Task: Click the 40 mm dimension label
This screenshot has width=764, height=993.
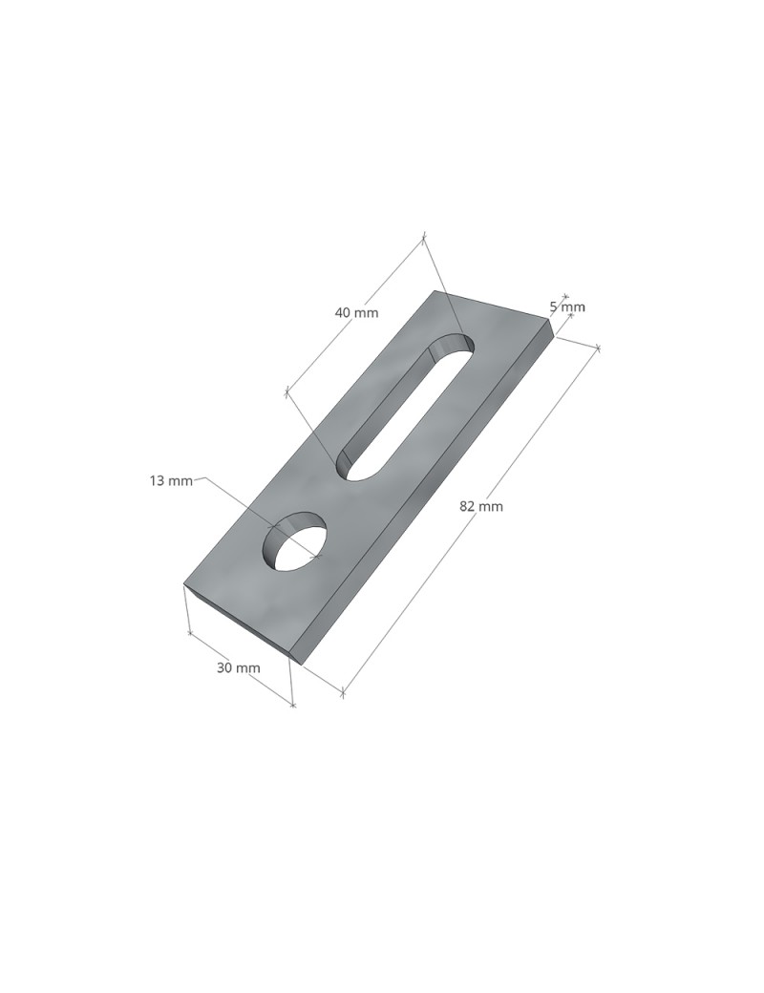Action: [x=356, y=312]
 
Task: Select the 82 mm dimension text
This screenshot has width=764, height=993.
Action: [x=480, y=506]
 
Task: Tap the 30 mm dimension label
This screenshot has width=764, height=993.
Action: [x=238, y=667]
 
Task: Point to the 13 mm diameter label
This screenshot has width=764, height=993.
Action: [x=171, y=480]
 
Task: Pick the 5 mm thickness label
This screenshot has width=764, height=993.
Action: [x=567, y=307]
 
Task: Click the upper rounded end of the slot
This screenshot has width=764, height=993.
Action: [x=453, y=345]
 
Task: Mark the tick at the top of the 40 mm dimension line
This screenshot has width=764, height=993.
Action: [x=424, y=239]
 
